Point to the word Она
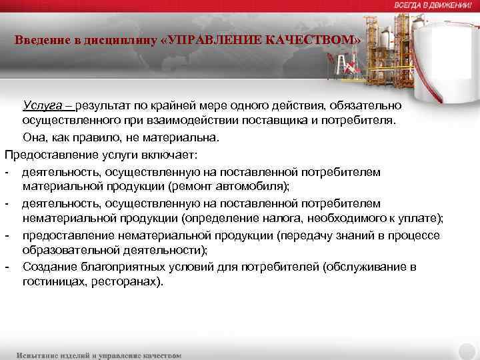pos(34,138)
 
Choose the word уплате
pos(422,219)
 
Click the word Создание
pos(48,267)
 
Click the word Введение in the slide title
pos(39,40)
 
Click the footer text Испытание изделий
pos(55,355)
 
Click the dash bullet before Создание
pos(6,267)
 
